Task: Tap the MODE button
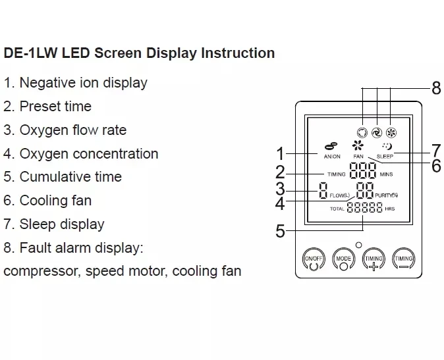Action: tap(343, 259)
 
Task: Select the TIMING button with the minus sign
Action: tap(403, 260)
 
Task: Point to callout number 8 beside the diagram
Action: tap(435, 88)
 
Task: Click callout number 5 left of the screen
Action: tap(281, 231)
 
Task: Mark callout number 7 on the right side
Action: tap(435, 150)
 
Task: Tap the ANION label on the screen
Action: tap(332, 157)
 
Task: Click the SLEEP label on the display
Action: tap(385, 157)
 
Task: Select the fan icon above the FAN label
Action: tap(358, 146)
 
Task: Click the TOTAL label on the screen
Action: tap(337, 209)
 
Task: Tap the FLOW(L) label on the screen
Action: tap(340, 195)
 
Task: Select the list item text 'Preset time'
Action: tap(55, 106)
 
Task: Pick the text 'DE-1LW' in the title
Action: tap(26, 53)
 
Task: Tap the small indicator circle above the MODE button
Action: tap(358, 245)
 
